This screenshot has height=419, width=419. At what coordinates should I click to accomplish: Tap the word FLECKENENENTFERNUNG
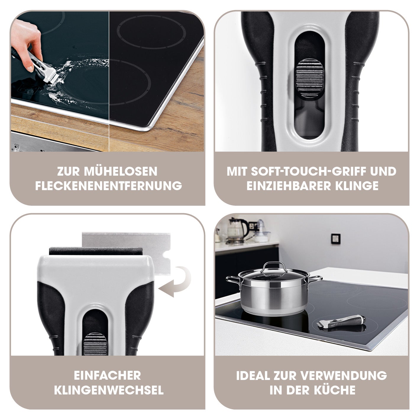pos(109,186)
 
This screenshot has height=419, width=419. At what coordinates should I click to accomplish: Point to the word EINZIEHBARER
pos(289,186)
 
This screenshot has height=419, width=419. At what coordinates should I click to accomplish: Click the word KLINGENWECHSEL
pos(109,390)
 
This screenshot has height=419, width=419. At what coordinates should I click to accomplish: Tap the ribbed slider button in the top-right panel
pos(310,78)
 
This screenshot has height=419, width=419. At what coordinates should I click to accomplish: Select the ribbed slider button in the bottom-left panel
pos(95,344)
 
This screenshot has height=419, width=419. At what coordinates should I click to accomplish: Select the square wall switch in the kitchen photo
pos(336,239)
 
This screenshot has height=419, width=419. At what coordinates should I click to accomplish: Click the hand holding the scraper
pos(26,43)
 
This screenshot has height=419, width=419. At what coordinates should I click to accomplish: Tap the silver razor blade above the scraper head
pos(126,253)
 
